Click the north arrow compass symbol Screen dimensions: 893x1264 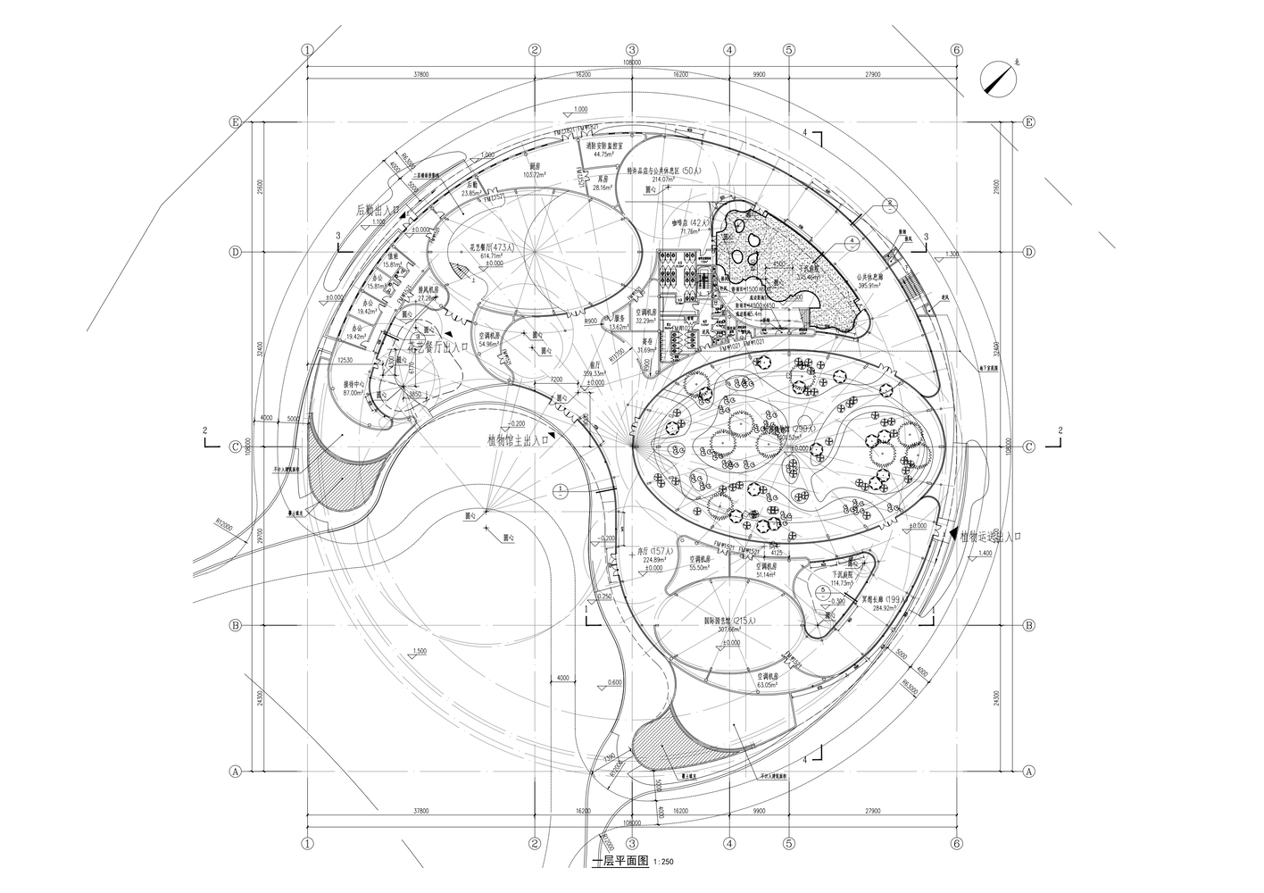(998, 79)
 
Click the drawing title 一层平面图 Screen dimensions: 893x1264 (621, 862)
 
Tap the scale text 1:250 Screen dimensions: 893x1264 (663, 863)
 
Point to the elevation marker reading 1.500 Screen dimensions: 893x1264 (426, 653)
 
